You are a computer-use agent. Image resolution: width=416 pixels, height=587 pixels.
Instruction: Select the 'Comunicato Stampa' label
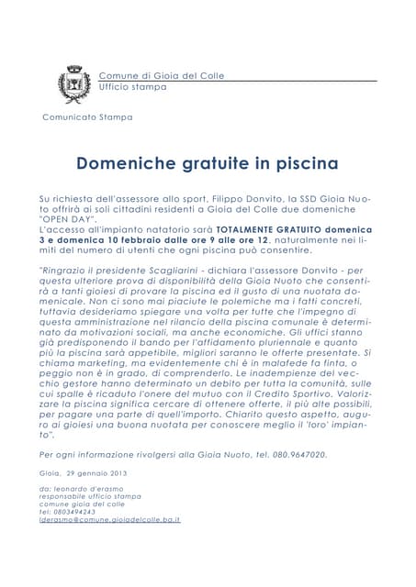(x=87, y=117)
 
